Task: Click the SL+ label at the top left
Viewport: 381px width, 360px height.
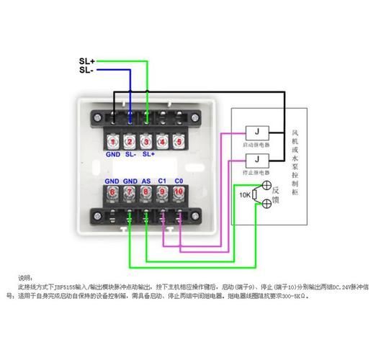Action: [x=86, y=61]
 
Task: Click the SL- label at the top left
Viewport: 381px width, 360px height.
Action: [x=86, y=70]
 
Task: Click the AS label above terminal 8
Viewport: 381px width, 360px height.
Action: [x=146, y=181]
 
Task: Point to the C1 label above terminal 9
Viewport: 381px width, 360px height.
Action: [x=163, y=181]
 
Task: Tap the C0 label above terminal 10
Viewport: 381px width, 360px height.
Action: [x=180, y=181]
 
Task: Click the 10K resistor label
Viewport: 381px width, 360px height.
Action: [x=245, y=195]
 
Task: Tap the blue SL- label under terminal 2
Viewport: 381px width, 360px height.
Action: [x=130, y=154]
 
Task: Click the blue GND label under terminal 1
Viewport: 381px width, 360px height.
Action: [x=112, y=154]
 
